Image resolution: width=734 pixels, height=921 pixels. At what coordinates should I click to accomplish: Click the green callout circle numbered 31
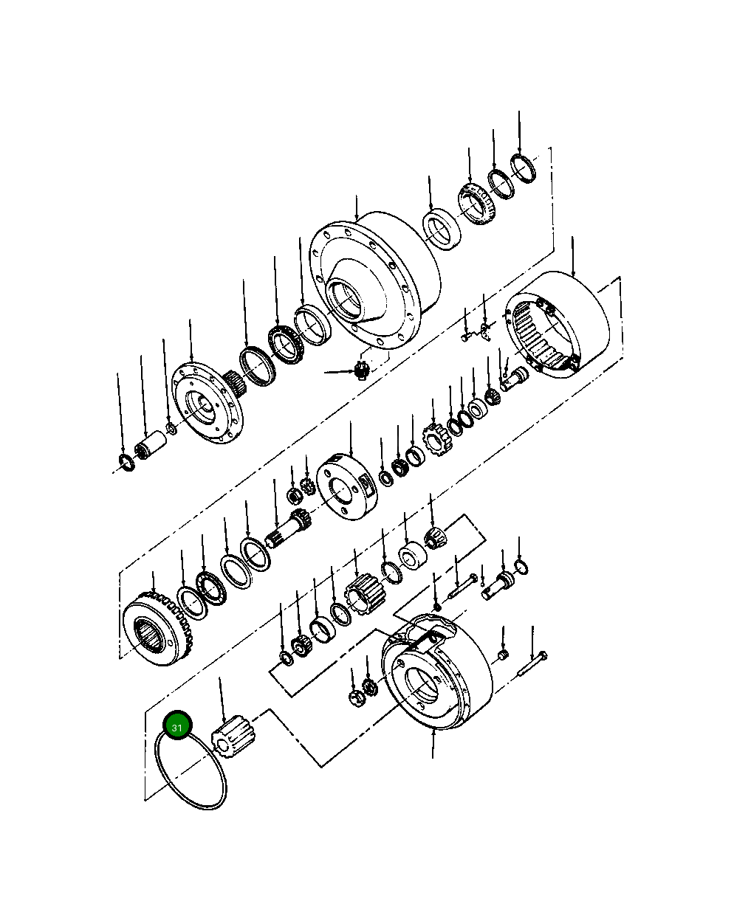[x=177, y=727]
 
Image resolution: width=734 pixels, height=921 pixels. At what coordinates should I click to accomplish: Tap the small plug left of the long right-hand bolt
[x=502, y=655]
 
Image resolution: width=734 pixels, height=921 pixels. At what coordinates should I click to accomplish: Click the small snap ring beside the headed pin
[x=521, y=566]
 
